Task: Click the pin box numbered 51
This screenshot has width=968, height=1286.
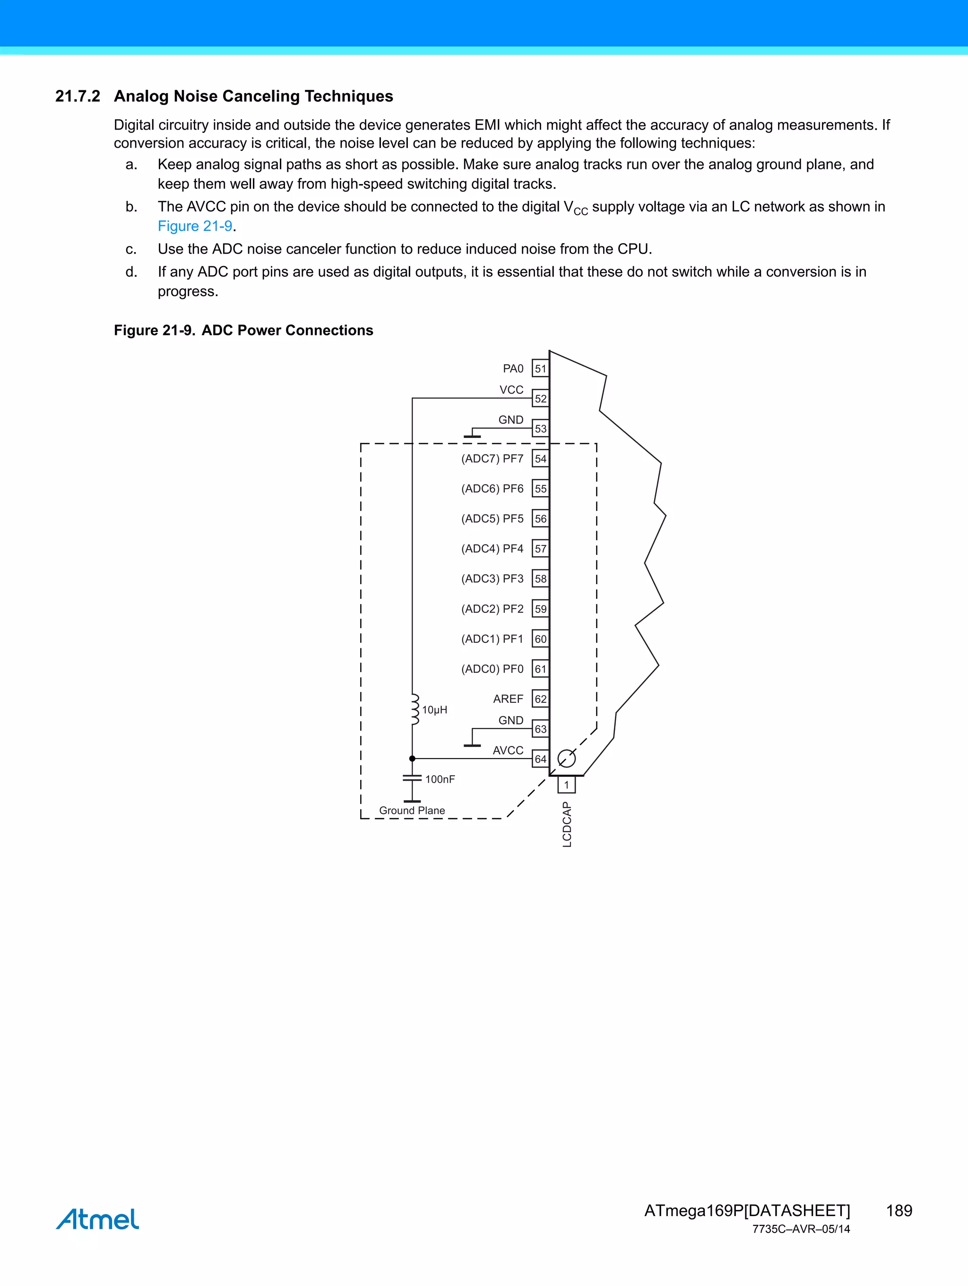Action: (x=540, y=368)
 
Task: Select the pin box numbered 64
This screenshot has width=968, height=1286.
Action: (x=540, y=759)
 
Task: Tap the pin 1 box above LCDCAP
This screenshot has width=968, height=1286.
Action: (x=567, y=785)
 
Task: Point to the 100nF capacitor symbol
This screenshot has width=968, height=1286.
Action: (x=412, y=779)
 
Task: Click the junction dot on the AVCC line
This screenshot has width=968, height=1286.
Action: (x=412, y=759)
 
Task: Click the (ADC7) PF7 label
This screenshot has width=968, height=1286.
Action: (x=492, y=459)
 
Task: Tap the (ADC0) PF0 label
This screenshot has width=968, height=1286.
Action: (x=492, y=669)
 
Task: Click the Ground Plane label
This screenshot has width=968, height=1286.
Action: (x=412, y=811)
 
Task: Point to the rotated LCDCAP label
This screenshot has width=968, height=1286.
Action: (x=567, y=824)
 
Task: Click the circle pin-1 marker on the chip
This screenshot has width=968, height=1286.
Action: (x=567, y=758)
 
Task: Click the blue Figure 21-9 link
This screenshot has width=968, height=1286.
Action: (x=195, y=226)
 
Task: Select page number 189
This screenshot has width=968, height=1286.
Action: (x=899, y=1210)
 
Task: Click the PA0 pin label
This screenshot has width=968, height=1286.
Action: (x=513, y=368)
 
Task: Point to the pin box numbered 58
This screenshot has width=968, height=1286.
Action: (x=540, y=579)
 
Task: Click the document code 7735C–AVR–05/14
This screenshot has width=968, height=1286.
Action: (x=801, y=1229)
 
